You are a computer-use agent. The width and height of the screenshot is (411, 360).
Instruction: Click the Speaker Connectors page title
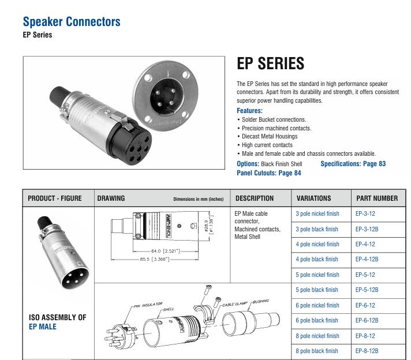click(x=72, y=22)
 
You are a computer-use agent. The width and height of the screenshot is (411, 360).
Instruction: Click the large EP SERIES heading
click(x=270, y=63)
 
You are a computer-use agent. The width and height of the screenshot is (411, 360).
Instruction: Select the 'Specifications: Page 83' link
click(x=353, y=164)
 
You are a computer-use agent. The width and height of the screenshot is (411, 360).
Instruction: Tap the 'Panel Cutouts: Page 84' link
click(x=268, y=172)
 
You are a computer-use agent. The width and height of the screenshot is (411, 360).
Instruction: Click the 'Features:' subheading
click(x=249, y=111)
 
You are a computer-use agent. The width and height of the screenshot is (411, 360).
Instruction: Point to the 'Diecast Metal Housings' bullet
click(x=270, y=137)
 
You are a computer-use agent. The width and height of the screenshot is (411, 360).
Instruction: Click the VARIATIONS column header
click(x=313, y=198)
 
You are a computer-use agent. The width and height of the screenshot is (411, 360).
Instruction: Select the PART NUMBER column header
click(x=376, y=198)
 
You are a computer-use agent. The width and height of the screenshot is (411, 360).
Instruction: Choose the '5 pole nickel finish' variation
click(x=317, y=275)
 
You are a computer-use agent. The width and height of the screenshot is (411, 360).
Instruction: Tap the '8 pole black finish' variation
click(x=317, y=351)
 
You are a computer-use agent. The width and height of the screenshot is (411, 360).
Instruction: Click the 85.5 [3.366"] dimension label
click(x=152, y=259)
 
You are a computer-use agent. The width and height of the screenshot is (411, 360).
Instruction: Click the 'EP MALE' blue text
click(x=43, y=327)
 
